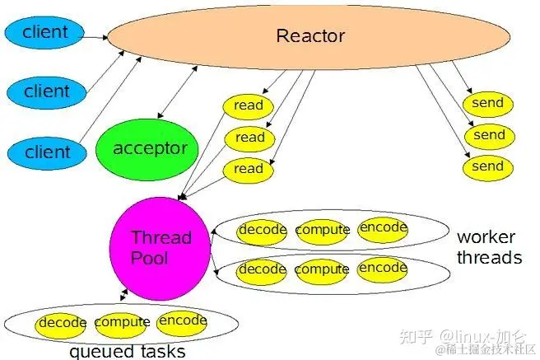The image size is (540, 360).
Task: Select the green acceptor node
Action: [x=149, y=149]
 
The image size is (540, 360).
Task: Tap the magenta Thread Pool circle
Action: [x=160, y=247]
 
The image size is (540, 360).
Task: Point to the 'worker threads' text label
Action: [x=489, y=247]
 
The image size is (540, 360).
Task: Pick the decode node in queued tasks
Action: [x=62, y=323]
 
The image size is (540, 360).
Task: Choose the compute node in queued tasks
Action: [x=122, y=322]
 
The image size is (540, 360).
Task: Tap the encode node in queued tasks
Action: [x=182, y=320]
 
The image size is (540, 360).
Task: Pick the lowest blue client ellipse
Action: [x=47, y=152]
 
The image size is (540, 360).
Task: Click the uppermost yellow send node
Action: [x=487, y=104]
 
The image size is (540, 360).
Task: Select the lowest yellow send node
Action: [x=487, y=166]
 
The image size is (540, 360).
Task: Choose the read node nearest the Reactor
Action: [x=249, y=105]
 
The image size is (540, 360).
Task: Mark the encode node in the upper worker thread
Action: [x=383, y=228]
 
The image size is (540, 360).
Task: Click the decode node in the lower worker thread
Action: [x=262, y=269]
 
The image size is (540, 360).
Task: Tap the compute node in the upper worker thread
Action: [x=322, y=230]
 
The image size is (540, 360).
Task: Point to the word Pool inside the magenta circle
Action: [x=150, y=257]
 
